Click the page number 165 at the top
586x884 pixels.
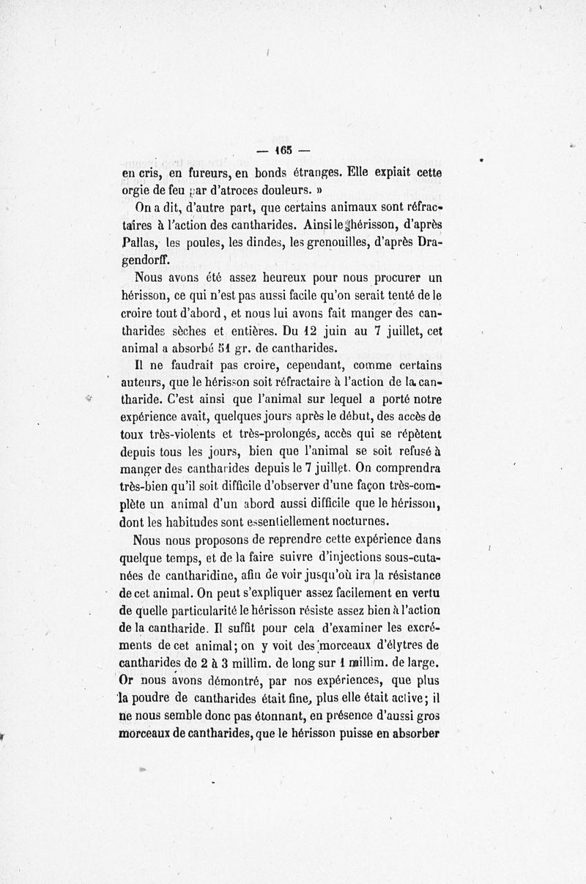(283, 152)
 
